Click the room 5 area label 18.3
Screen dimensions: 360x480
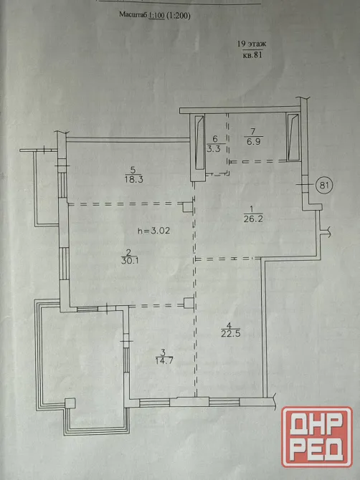pos(134,179)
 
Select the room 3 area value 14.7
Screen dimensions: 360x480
pos(164,360)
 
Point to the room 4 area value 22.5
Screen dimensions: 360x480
pos(231,333)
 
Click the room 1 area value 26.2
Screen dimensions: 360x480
pos(253,219)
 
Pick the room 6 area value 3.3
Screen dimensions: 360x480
pos(214,149)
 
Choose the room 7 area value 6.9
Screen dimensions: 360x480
pos(253,141)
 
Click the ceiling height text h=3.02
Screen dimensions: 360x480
pos(153,231)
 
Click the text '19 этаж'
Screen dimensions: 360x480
pos(252,44)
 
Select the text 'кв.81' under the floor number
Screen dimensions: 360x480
pos(252,55)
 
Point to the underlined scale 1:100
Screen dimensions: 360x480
pos(156,15)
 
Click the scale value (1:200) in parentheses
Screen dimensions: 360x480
pos(179,16)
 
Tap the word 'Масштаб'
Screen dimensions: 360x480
pos(133,15)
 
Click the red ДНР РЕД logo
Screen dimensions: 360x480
pos(317,437)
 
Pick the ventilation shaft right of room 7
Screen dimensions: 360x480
pos(293,138)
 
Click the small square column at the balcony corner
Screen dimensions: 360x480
pos(70,403)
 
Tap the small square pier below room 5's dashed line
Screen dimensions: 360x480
pos(187,207)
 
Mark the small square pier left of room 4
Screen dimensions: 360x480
pos(188,303)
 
